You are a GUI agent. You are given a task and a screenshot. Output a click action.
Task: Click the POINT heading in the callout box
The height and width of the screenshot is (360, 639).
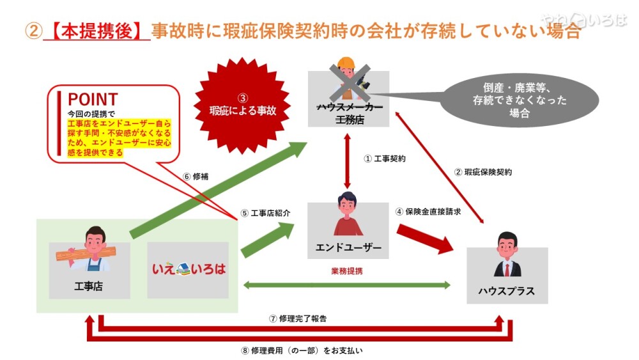[x=93, y=99]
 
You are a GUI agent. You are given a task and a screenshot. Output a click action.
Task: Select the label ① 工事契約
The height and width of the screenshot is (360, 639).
[x=384, y=158]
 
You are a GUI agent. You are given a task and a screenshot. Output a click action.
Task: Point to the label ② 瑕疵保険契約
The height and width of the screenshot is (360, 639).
[x=482, y=172]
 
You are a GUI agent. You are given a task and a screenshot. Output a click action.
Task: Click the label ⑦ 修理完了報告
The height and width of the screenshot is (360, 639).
[x=298, y=318]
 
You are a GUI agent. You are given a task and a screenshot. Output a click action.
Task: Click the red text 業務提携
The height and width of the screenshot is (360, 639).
[x=346, y=271]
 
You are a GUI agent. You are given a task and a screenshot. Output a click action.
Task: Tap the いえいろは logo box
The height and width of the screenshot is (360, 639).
[x=189, y=269]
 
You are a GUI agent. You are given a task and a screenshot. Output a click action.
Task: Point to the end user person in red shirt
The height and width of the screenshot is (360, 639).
[x=348, y=215]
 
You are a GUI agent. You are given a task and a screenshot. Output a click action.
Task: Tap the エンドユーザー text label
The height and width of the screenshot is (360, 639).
[x=348, y=247]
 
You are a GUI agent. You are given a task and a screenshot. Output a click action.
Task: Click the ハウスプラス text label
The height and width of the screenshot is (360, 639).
[x=506, y=292]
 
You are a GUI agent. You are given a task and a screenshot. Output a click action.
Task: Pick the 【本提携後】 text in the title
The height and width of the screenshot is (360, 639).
[x=96, y=30]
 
